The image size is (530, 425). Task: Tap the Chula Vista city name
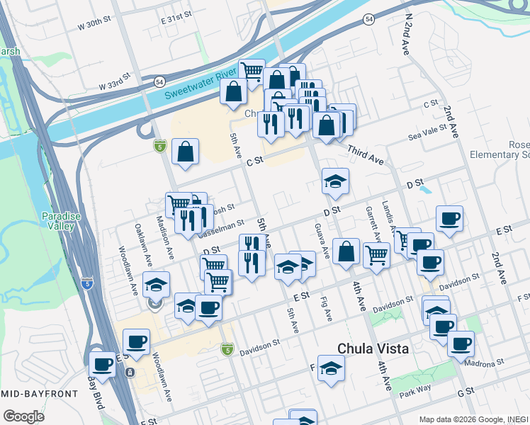tap(373, 348)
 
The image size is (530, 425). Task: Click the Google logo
tap(23, 416)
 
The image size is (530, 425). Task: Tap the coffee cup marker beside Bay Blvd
tap(103, 363)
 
